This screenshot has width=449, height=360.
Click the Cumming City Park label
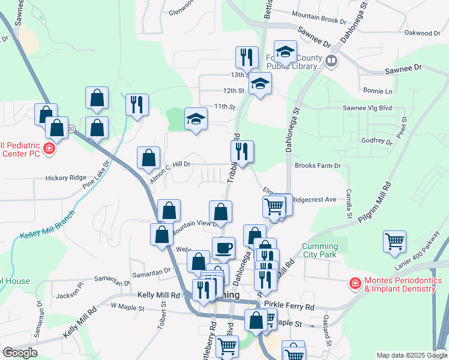[325, 251]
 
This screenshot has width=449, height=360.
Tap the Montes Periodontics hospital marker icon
[355, 283]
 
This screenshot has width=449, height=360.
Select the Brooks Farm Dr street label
[318, 166]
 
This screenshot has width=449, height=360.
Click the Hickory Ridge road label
[66, 178]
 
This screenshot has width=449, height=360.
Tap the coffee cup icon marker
[223, 248]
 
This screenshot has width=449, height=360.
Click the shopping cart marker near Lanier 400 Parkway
[395, 242]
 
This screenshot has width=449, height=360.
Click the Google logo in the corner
[20, 353]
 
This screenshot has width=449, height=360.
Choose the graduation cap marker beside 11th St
[196, 121]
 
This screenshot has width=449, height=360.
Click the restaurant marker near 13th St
[247, 58]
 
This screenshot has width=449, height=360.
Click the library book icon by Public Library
[331, 61]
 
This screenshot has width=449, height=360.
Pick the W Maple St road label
[128, 308]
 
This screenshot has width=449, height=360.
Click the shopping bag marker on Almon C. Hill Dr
[148, 158]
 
